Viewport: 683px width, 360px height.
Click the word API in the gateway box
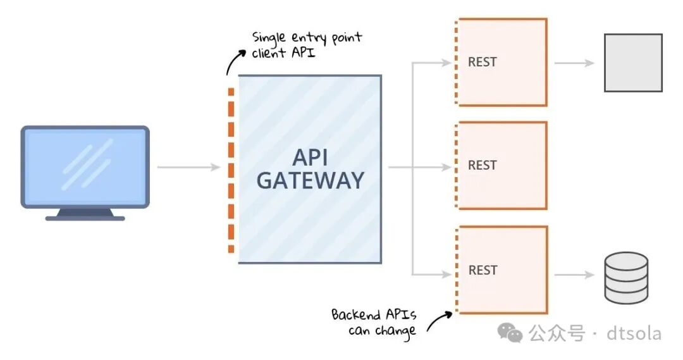coord(310,157)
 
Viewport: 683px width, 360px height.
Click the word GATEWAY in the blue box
coord(310,180)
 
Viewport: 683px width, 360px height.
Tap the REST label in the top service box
coord(483,62)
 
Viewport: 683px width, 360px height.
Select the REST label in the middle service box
coord(483,165)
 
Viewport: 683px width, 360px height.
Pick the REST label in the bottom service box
coord(483,270)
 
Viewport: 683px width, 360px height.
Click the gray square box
coord(633,63)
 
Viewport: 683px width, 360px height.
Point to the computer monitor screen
coord(85,164)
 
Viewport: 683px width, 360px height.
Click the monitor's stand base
coord(85,216)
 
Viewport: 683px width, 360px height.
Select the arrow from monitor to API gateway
coord(188,167)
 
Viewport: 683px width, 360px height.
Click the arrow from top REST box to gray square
coord(574,63)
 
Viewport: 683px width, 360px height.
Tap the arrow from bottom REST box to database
coord(574,275)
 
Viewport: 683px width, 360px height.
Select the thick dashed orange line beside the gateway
coord(231,171)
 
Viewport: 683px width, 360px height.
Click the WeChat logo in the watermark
coord(510,332)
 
